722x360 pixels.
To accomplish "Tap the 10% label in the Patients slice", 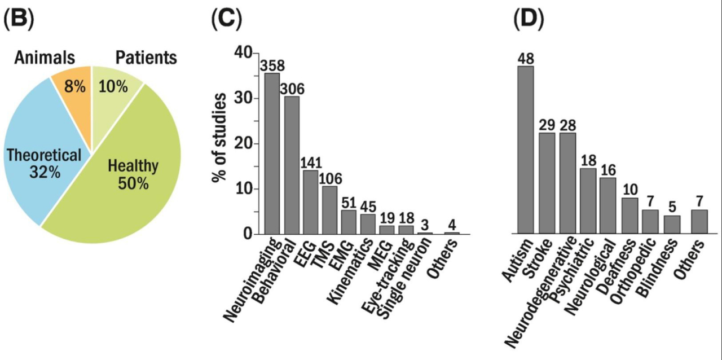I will [112, 86].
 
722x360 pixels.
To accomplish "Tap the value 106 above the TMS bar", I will [330, 178].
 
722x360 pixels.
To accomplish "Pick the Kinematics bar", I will [368, 223].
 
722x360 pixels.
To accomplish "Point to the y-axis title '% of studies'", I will [219, 138].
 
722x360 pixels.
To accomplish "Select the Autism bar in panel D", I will [525, 150].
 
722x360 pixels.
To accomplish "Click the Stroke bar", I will [547, 183].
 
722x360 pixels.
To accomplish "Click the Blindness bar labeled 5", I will [672, 225].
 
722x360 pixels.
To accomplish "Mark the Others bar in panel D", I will [699, 222].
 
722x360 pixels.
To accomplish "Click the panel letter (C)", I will [226, 20].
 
